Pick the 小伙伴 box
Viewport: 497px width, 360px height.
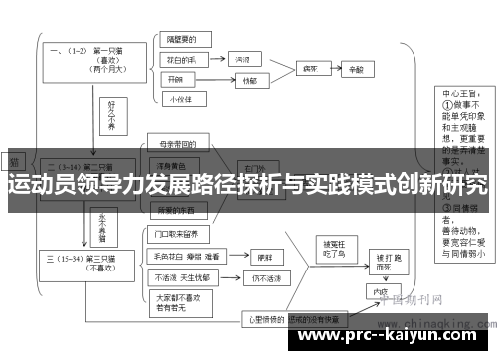coord(179,98)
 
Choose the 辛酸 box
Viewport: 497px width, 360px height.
coord(357,71)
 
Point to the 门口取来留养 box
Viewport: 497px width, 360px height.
coord(178,235)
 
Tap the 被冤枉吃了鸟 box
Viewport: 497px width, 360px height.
coord(331,251)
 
